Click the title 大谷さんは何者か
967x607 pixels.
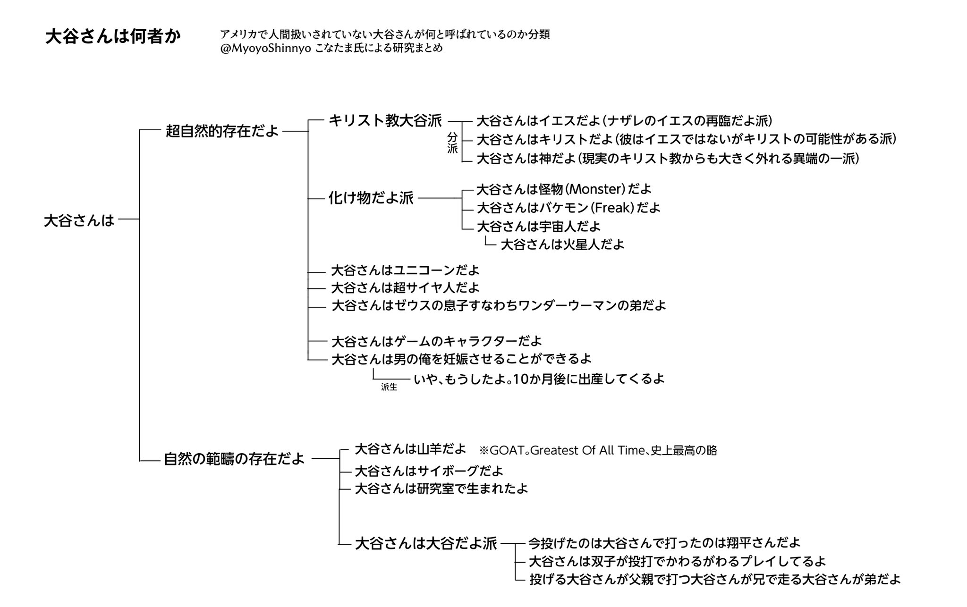tap(113, 37)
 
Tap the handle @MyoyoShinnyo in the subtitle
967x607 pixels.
tap(265, 49)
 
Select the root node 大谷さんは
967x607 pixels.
tap(79, 220)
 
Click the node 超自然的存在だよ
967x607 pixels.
tap(222, 131)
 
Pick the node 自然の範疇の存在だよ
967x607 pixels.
tap(234, 459)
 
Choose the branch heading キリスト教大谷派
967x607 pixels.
tap(385, 121)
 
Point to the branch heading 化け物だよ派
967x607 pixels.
tap(371, 198)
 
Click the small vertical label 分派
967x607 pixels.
tap(452, 143)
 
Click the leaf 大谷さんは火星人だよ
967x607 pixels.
tap(562, 244)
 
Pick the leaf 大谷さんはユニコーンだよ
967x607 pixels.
tap(405, 270)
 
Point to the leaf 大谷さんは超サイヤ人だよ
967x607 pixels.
tap(405, 287)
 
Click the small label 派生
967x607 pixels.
tap(389, 388)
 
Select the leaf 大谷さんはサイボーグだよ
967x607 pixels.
tap(429, 471)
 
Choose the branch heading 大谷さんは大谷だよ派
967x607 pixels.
tap(426, 544)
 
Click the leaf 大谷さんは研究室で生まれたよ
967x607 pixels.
tap(441, 489)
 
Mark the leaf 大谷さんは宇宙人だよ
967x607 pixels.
tap(539, 227)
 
